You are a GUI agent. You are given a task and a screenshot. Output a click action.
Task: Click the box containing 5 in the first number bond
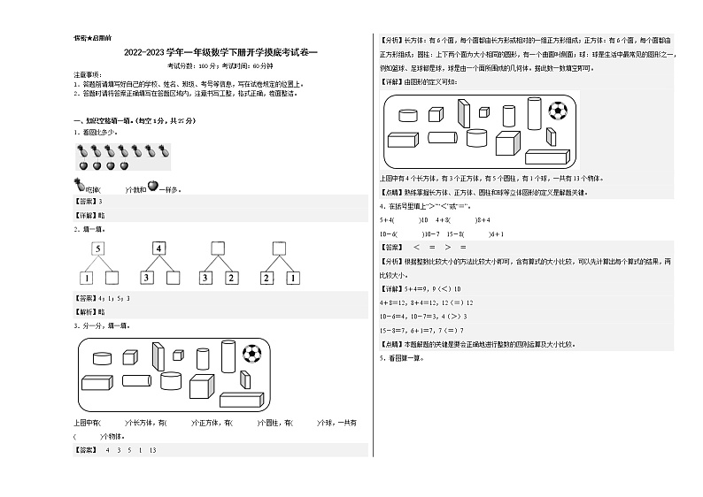click(x=97, y=248)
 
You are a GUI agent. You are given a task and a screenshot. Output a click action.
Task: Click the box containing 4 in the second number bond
click(x=159, y=248)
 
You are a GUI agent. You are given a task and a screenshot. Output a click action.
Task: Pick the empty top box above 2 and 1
click(x=279, y=248)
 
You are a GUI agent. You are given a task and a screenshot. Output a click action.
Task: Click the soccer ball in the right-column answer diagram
click(x=558, y=110)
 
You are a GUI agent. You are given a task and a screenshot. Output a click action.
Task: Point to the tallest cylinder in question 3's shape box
click(x=225, y=356)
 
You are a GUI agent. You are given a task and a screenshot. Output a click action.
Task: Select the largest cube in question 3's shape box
click(x=202, y=386)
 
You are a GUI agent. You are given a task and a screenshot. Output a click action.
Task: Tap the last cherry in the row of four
click(x=124, y=165)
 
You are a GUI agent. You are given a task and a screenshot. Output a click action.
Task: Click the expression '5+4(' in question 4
click(x=388, y=218)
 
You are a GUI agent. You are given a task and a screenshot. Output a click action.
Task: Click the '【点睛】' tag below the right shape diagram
click(x=390, y=192)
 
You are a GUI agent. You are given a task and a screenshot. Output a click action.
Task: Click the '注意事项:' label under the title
click(x=85, y=77)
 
